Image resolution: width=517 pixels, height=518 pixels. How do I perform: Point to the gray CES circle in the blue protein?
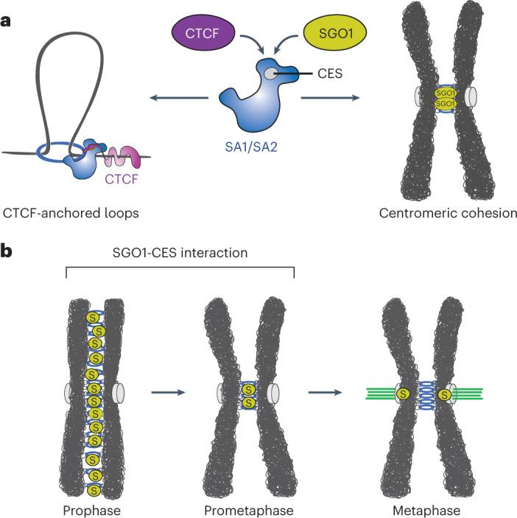point(273,74)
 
